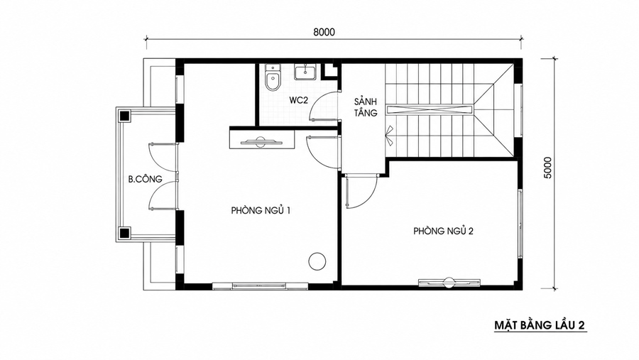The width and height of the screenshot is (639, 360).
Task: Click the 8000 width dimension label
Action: pyautogui.click(x=324, y=32)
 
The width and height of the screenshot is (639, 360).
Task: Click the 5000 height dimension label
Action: pyautogui.click(x=547, y=168)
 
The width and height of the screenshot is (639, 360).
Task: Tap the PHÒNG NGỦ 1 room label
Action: pyautogui.click(x=261, y=210)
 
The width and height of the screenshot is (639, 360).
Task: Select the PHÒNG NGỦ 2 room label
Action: pyautogui.click(x=443, y=231)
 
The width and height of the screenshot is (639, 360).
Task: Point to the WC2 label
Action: pyautogui.click(x=299, y=100)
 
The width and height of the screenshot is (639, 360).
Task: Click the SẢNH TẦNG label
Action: pyautogui.click(x=365, y=107)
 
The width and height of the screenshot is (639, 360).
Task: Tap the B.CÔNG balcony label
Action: pyautogui.click(x=145, y=178)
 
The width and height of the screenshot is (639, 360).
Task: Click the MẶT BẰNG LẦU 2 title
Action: pyautogui.click(x=540, y=325)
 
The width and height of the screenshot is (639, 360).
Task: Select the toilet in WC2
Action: pyautogui.click(x=272, y=77)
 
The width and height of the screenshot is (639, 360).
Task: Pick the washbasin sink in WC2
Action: pyautogui.click(x=305, y=72)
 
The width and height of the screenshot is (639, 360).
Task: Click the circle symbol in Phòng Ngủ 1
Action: pyautogui.click(x=317, y=261)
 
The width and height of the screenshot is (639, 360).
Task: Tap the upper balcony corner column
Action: pyautogui.click(x=124, y=116)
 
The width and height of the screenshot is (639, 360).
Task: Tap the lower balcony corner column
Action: pyautogui.click(x=124, y=234)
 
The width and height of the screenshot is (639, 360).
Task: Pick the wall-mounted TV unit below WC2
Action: pyautogui.click(x=262, y=139)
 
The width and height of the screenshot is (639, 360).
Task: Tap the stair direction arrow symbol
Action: pyautogui.click(x=389, y=136)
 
